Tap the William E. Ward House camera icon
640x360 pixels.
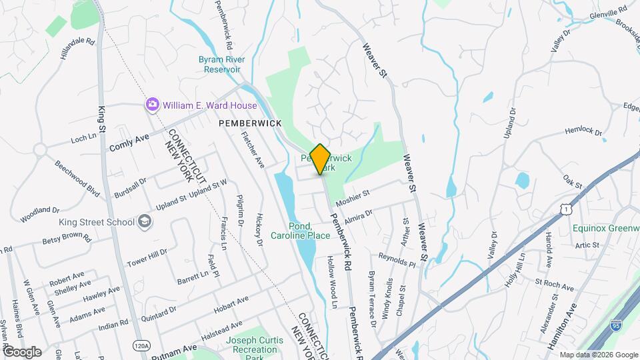coord(153,105)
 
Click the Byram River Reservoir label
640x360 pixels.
coord(222,64)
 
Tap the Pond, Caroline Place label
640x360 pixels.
coord(301,231)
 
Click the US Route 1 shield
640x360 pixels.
coord(566,210)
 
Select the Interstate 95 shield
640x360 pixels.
coord(617,326)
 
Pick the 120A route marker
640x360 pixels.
coord(141,345)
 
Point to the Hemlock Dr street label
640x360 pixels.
coord(583,132)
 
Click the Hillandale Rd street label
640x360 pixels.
coord(77,50)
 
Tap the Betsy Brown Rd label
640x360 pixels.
coord(66,239)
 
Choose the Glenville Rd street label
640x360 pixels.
coord(609,13)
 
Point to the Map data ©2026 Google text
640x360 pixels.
coord(599,355)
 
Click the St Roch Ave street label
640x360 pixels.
coord(554,285)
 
